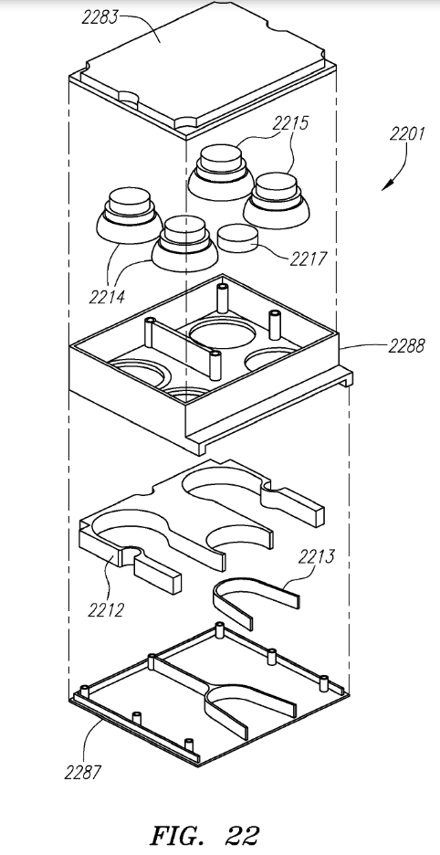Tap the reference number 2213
(315, 555)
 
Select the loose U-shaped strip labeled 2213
(256, 603)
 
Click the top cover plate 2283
(201, 64)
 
